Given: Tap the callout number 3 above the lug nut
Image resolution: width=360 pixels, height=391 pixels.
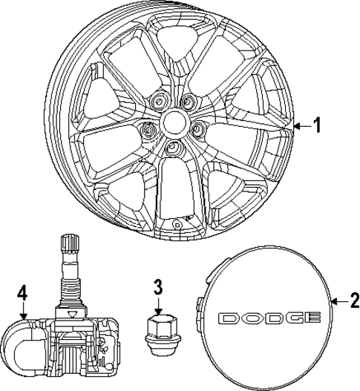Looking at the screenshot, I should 158,286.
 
